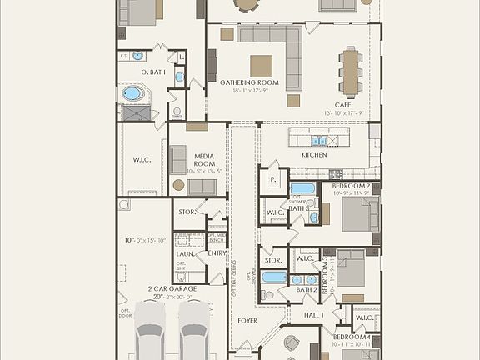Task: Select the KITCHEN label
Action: pos(314,155)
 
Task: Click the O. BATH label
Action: pos(132,72)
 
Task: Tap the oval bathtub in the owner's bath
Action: pos(133,93)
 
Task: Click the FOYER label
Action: pos(247,320)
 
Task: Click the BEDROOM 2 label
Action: pos(351,186)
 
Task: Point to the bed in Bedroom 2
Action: pos(360,212)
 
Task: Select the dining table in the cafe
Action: pos(350,70)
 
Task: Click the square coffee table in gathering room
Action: pos(261,66)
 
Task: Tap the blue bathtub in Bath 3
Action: pos(302,188)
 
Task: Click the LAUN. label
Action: pos(184,253)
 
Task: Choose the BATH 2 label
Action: pos(307,289)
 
